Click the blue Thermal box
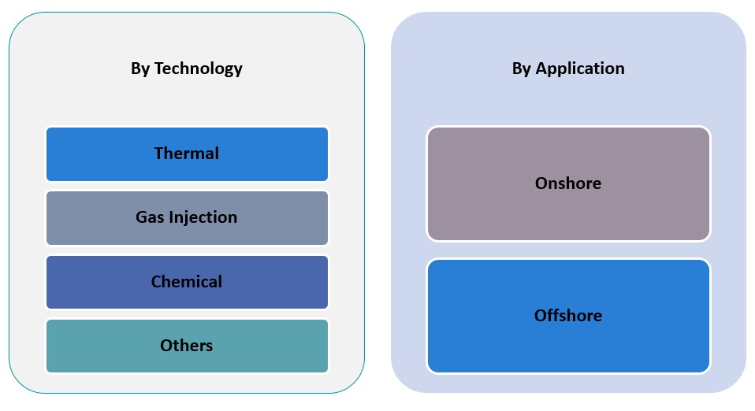187,154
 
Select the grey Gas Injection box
187,218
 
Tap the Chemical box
187,282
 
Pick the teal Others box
187,346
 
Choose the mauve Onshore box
568,183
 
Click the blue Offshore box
568,316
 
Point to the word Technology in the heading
199,68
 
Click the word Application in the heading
580,68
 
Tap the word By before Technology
140,68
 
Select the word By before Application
522,68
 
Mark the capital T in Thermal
159,153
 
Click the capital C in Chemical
157,282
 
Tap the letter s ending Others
209,346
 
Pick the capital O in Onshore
542,183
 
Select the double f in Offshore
554,315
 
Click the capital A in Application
542,68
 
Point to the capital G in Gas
142,217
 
